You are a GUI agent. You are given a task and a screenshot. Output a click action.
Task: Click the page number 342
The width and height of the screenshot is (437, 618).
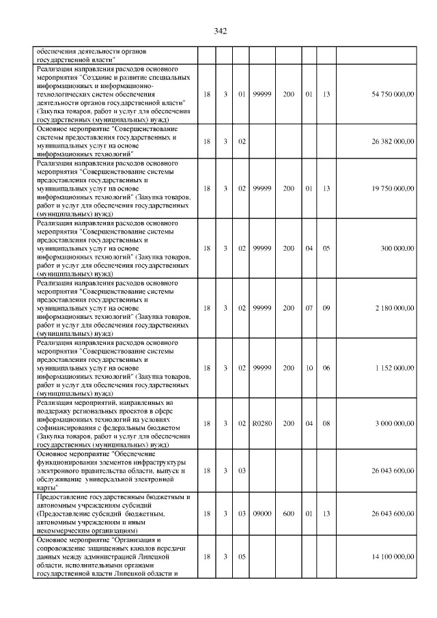coord(220,31)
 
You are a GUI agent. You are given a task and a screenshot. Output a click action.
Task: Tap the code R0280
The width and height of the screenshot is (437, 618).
coord(262,423)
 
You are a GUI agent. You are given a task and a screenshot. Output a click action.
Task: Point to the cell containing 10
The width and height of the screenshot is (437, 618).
coord(309,367)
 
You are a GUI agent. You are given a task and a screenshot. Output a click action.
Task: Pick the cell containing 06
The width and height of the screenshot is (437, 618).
coord(326,367)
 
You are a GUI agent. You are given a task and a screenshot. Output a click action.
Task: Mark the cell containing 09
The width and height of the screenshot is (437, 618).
coord(326,308)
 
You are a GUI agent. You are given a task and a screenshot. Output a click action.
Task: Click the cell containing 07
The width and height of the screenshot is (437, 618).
coord(309,308)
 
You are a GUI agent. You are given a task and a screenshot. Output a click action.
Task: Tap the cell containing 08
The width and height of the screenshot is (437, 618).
coord(326,423)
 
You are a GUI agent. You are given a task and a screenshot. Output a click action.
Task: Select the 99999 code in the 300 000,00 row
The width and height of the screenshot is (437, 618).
coord(262,248)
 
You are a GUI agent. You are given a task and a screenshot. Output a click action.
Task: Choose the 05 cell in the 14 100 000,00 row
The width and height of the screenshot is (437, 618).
coord(241,557)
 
